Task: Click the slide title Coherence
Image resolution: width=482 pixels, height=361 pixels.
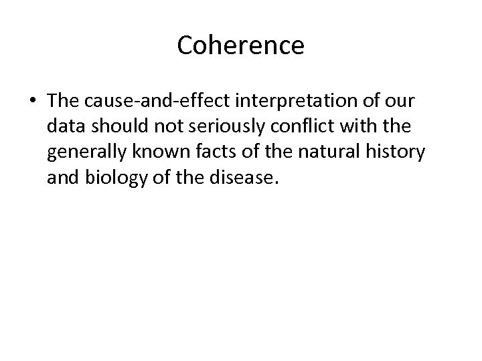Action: [x=241, y=45]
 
